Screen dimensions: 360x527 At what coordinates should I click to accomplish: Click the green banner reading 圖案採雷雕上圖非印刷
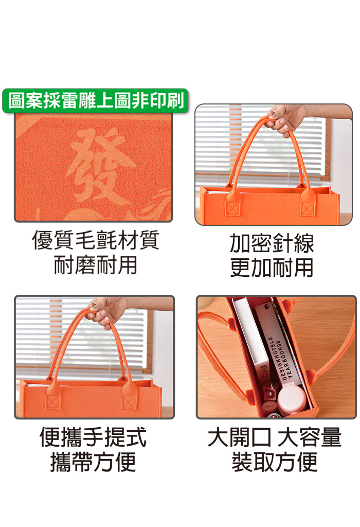(95, 101)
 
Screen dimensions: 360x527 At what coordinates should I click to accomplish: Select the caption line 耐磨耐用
(95, 265)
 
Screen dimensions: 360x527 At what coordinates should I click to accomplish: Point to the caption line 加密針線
(272, 243)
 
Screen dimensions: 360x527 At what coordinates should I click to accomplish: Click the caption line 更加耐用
(272, 268)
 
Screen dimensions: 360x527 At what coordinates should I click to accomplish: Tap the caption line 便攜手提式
(93, 437)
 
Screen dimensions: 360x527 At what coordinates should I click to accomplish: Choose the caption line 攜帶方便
(93, 462)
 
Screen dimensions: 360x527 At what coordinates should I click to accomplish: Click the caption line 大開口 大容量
(275, 437)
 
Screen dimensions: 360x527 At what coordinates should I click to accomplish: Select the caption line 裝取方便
(275, 462)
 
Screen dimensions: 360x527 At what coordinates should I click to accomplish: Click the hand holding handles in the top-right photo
(285, 118)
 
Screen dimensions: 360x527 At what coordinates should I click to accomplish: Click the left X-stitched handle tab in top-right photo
(232, 205)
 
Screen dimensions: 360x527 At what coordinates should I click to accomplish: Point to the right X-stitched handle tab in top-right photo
(308, 205)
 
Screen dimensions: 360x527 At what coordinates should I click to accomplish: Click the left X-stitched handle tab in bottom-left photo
(53, 398)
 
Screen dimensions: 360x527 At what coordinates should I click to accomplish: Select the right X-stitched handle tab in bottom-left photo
(129, 398)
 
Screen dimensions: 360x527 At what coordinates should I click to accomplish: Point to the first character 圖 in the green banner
(16, 101)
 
